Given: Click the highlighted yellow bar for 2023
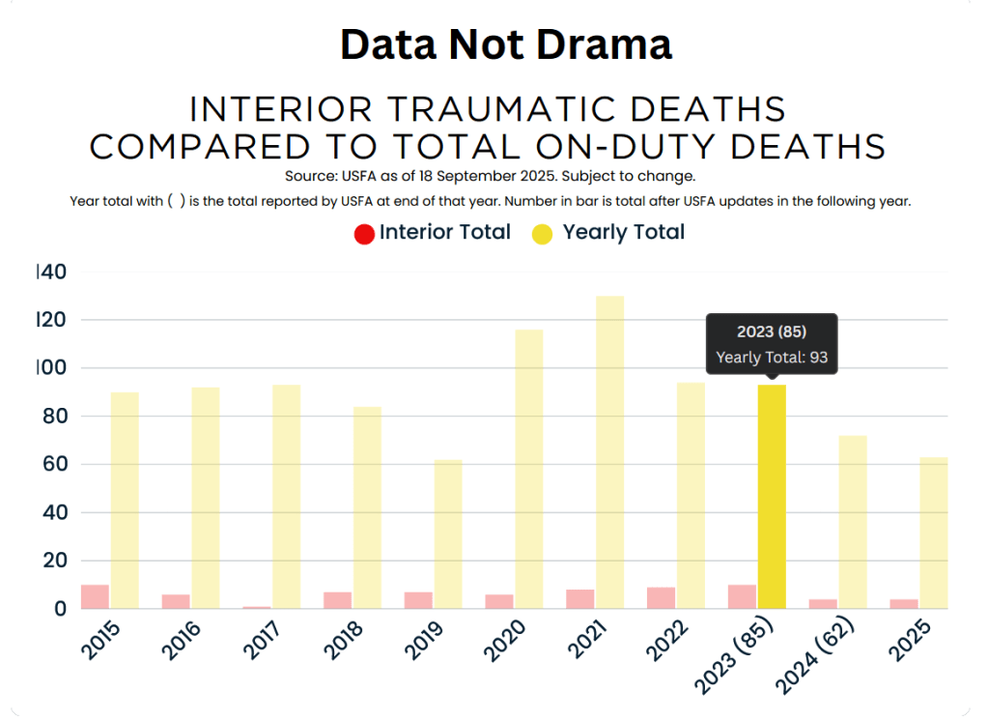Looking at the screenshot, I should (772, 497).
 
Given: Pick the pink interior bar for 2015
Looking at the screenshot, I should (95, 597).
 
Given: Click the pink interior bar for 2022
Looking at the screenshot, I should (661, 598).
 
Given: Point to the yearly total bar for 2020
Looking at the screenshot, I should (528, 469).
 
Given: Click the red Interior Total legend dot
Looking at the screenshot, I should (364, 233).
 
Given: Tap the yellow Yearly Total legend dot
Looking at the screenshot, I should (542, 233).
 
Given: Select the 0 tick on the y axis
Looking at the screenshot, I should (60, 609).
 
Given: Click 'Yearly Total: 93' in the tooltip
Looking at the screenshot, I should (772, 358).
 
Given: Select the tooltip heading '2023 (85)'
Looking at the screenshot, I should (772, 332).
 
